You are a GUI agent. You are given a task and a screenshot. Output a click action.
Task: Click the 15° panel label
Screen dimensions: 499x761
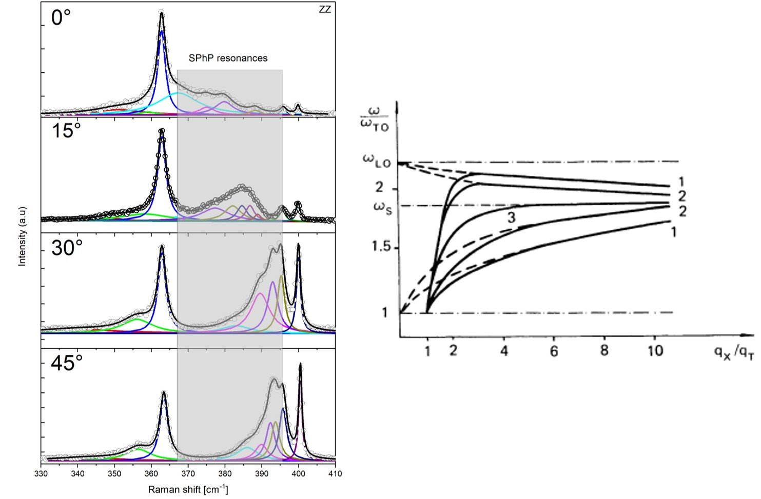[x=66, y=132]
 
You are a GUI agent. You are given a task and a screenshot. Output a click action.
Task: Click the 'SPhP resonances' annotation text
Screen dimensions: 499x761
[x=228, y=58]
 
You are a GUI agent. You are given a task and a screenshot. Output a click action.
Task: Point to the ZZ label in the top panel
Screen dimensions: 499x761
[x=324, y=10]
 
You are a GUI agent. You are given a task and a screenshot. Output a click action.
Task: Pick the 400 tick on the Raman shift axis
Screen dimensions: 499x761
[x=298, y=473]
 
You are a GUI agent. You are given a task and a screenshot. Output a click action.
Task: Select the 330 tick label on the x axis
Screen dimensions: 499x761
[x=41, y=473]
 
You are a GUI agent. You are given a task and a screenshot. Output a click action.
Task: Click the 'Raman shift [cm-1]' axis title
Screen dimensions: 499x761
[x=188, y=490]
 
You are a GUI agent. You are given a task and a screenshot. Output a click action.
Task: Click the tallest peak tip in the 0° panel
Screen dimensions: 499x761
[x=162, y=13]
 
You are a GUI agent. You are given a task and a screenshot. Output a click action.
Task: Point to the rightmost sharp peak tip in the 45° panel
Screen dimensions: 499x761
[x=300, y=364]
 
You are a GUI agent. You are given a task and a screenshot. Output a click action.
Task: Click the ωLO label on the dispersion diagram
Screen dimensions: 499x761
[x=377, y=161]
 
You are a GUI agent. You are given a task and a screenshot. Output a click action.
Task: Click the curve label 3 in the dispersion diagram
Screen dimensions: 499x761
[x=512, y=217]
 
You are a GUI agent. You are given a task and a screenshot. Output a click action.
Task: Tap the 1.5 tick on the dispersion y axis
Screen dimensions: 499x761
[x=381, y=247]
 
